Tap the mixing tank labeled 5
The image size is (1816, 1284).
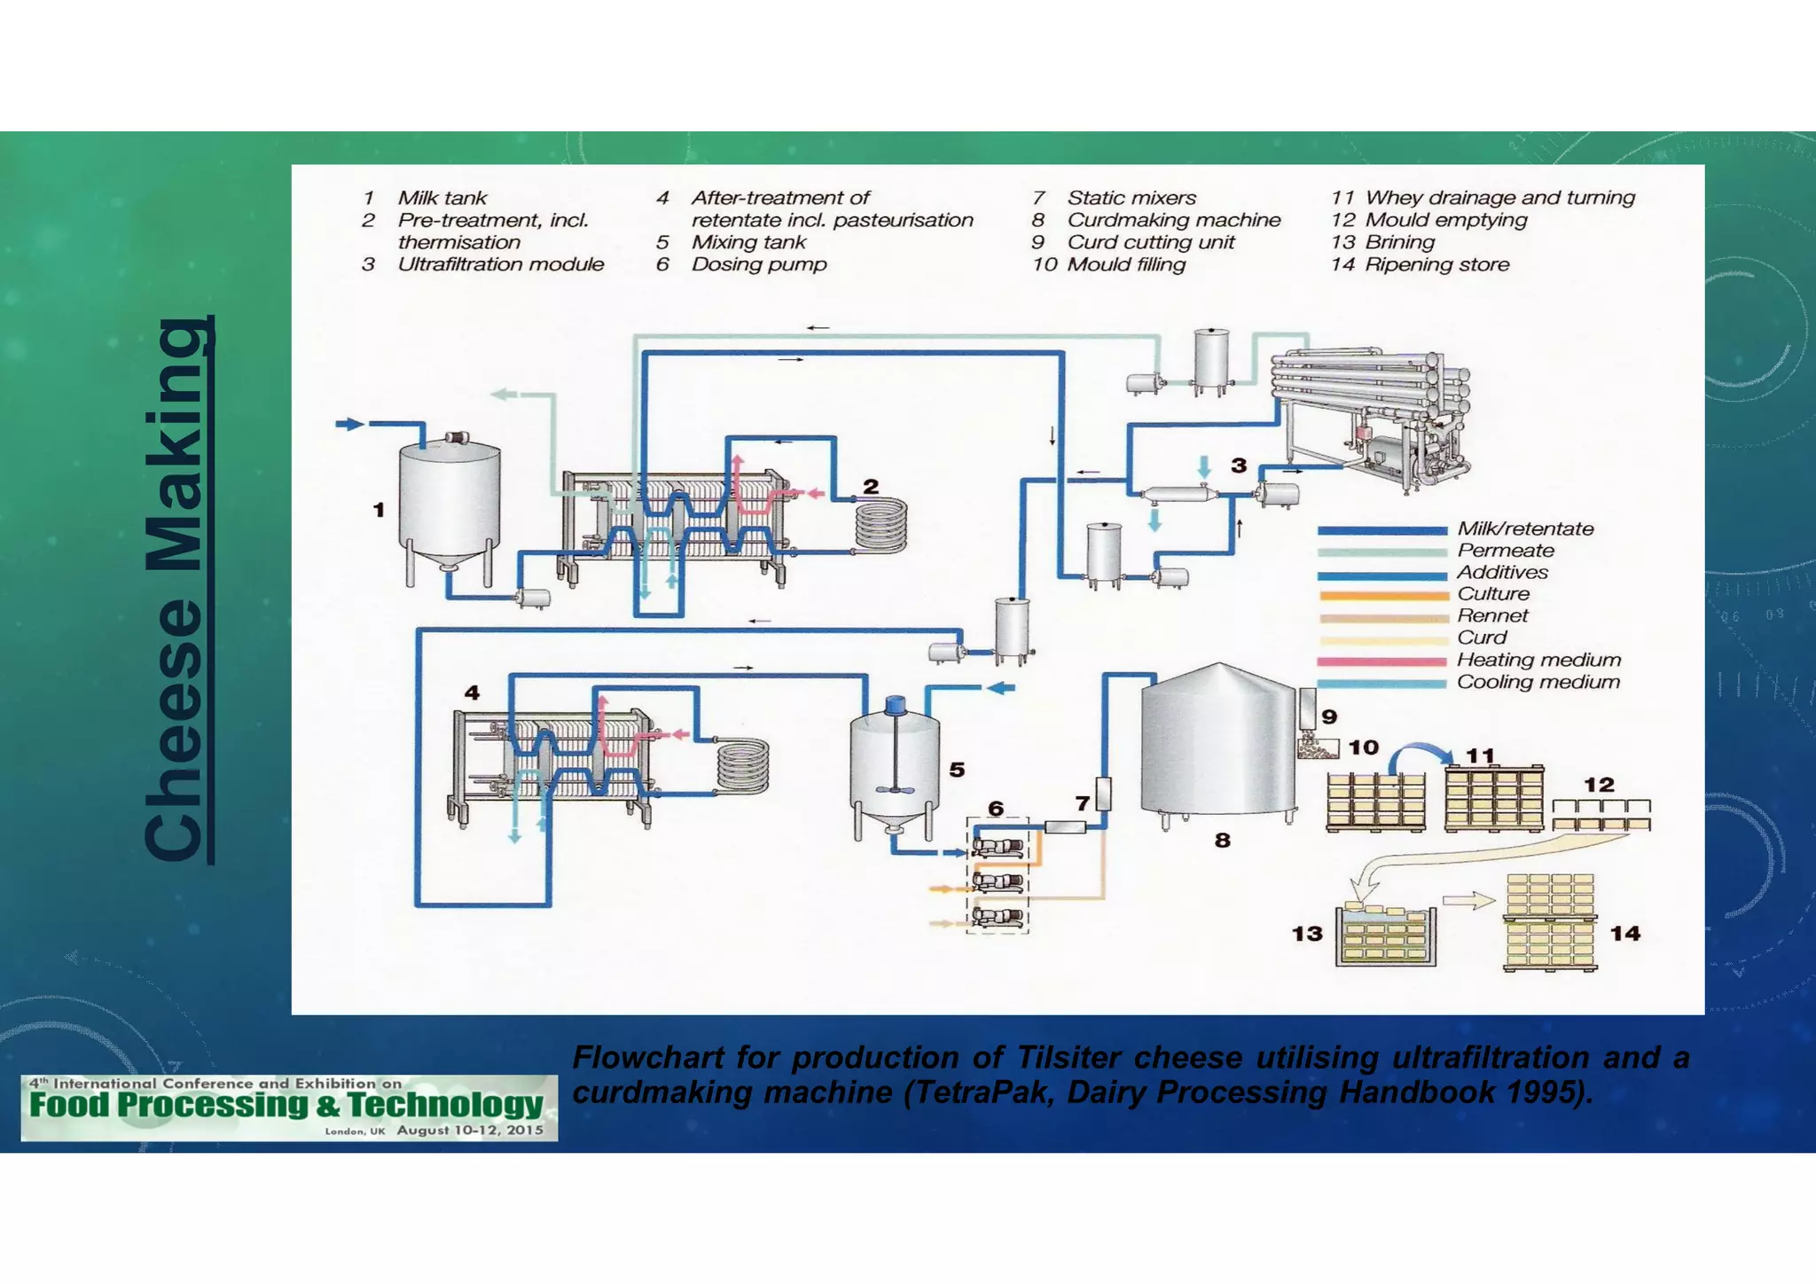coord(894,767)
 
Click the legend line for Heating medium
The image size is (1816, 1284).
coord(1382,662)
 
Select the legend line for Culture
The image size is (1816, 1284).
coord(1382,595)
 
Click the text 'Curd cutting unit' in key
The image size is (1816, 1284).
coord(1150,243)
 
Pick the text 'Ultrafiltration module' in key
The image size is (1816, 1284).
coord(500,265)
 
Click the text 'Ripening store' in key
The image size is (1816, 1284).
coord(1436,265)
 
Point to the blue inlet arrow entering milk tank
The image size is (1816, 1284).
coord(350,424)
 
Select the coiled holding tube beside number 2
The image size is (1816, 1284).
coord(881,524)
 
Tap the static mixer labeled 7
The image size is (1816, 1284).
coord(1103,794)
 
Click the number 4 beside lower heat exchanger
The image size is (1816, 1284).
coord(472,693)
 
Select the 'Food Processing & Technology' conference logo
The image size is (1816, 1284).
coord(289,1108)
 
